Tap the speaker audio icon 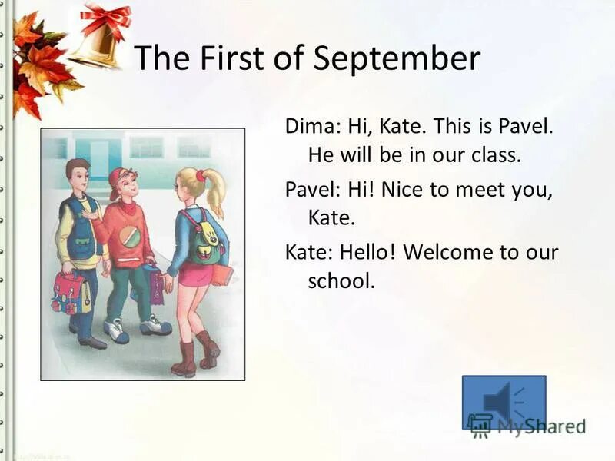click(x=504, y=402)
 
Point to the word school click(x=341, y=281)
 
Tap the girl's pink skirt click(x=195, y=274)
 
